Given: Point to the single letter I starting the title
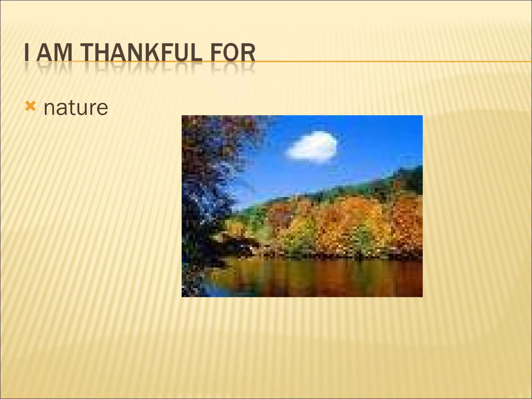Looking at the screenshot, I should [x=26, y=53].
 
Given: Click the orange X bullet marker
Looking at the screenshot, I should [x=30, y=107].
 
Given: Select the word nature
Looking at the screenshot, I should [x=76, y=108].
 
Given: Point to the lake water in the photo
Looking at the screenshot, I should [x=325, y=278].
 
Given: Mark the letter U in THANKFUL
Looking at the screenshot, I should [x=181, y=53].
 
